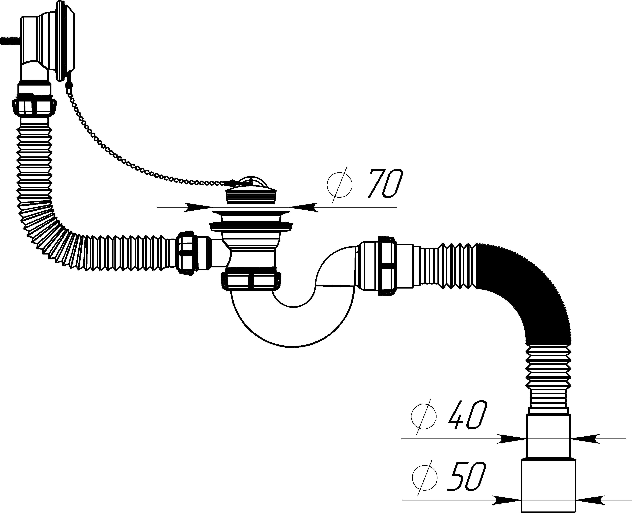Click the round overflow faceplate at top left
(x=64, y=41)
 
